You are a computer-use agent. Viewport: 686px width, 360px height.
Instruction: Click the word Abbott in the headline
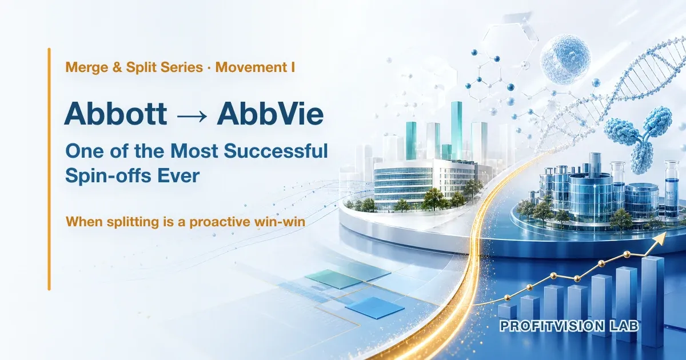coord(115,114)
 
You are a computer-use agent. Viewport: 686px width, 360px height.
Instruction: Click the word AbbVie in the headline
coord(270,114)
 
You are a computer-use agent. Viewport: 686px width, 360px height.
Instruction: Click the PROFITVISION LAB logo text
coord(569,326)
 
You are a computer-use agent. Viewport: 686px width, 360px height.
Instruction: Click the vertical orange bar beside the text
coord(49,169)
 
